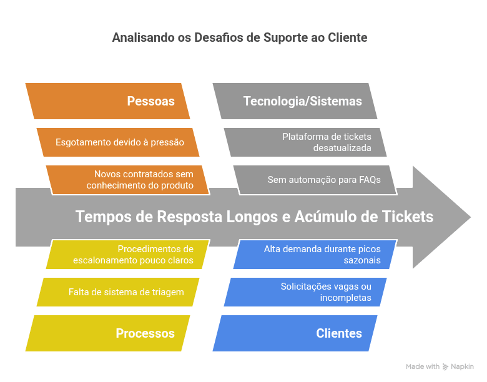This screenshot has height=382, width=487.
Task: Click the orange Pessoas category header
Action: coord(107,101)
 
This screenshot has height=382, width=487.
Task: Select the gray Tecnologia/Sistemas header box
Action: coord(295,101)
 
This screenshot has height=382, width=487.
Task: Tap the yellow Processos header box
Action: coord(107,333)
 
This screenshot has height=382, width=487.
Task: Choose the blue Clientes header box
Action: coord(295,333)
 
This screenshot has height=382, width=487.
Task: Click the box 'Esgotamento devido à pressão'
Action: coord(119,142)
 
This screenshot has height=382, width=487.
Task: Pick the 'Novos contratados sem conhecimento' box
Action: coord(128,180)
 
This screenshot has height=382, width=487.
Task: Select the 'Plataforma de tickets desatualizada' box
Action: coord(306,142)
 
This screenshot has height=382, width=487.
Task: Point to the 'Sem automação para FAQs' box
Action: coord(315,180)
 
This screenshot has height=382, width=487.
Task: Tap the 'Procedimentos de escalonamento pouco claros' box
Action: coord(128,255)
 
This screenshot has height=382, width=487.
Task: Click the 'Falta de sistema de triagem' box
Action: coord(119,292)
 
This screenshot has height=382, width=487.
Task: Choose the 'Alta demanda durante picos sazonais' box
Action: coord(315,255)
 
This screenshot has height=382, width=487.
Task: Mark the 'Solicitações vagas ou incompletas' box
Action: coord(306,292)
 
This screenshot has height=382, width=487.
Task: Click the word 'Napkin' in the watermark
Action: coord(463,367)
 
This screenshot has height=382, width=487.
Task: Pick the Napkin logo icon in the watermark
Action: coord(446,367)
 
